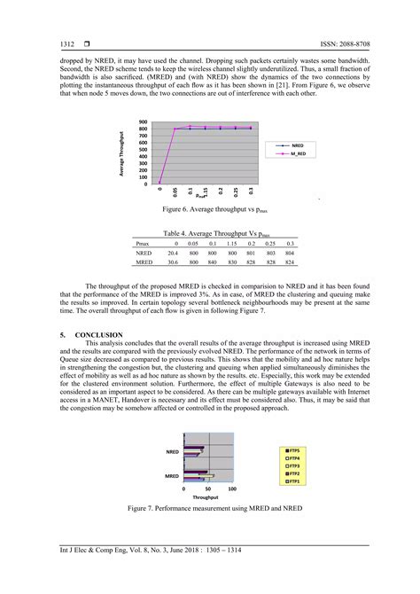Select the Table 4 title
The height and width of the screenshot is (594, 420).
point(210,232)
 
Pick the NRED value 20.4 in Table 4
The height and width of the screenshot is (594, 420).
point(173,253)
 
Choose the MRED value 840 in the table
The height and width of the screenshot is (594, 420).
point(212,262)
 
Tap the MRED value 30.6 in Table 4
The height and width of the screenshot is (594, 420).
point(173,262)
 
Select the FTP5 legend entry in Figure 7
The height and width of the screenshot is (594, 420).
point(293,450)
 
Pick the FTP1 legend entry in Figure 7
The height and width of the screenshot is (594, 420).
point(293,481)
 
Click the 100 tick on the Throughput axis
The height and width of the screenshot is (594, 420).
point(232,489)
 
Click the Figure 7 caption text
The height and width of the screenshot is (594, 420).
point(210,509)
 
